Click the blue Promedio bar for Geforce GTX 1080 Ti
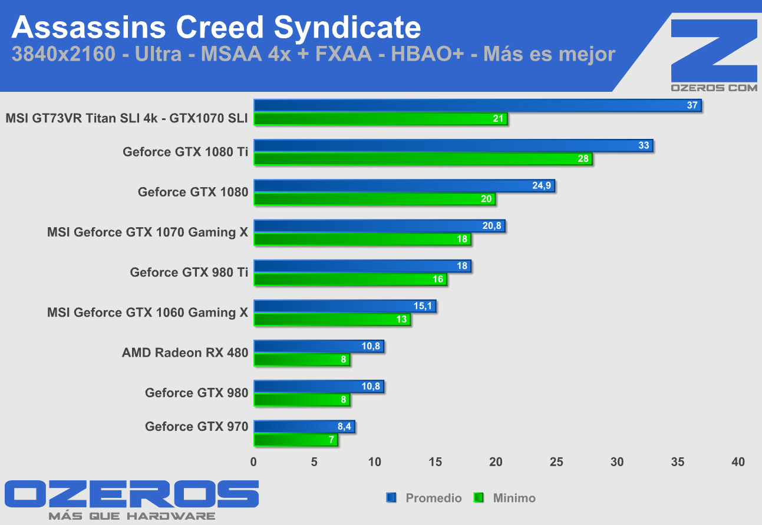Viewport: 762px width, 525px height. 453,145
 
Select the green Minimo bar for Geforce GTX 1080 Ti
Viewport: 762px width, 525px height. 423,159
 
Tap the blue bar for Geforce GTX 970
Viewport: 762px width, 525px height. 304,427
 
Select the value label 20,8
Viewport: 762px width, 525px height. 492,226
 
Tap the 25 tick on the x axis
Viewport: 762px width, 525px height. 556,462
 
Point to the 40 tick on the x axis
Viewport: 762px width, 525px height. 738,462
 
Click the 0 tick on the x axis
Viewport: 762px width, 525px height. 254,462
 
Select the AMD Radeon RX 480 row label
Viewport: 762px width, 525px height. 185,353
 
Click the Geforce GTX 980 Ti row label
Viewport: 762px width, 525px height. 189,273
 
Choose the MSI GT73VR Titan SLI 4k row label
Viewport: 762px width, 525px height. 126,118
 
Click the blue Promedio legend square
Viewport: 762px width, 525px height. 391,498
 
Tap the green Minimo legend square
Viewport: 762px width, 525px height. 479,498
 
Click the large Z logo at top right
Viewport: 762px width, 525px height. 714,50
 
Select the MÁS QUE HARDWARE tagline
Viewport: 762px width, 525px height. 131,516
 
